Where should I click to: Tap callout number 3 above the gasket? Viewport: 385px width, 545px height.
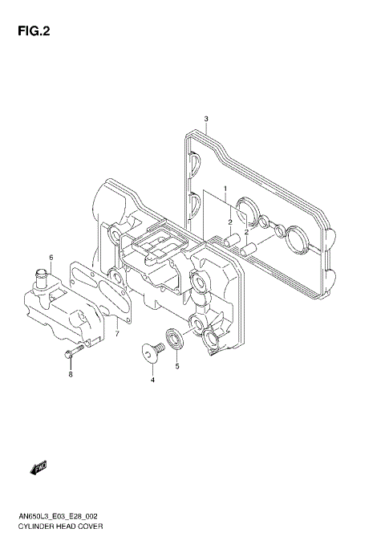(x=206, y=120)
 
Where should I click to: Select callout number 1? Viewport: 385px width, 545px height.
(x=225, y=189)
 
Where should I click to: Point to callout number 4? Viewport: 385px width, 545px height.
(x=152, y=380)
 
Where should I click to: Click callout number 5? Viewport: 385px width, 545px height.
(x=177, y=366)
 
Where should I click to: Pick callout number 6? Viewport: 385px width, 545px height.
(x=51, y=258)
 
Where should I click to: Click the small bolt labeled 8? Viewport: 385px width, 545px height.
(x=70, y=353)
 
